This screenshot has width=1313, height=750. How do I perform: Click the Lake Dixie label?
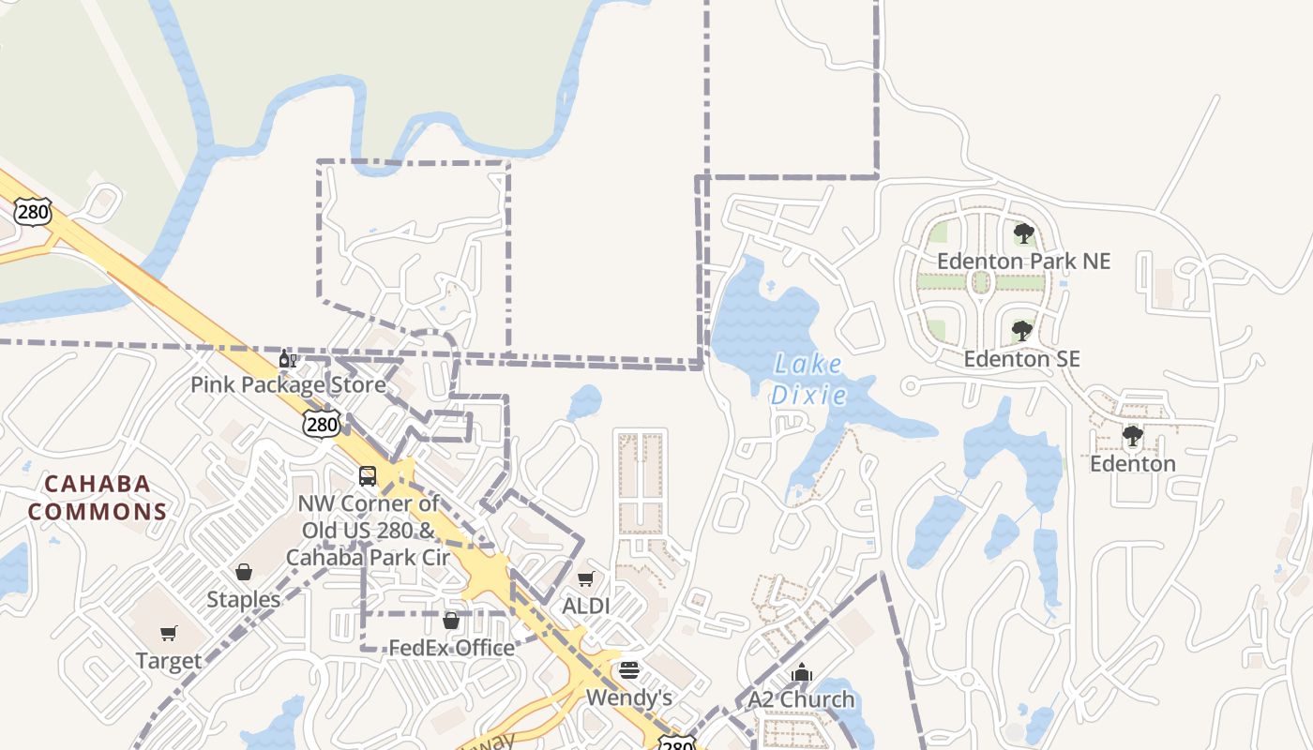point(808,380)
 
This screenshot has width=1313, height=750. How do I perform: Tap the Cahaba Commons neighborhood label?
point(98,498)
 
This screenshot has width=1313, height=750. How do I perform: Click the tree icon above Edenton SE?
point(1022,331)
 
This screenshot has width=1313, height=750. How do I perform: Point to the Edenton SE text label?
point(1022,359)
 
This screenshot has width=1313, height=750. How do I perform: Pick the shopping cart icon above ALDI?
point(586,579)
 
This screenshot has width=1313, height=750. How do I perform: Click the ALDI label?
point(585,607)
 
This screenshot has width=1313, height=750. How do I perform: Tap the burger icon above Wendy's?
point(629,670)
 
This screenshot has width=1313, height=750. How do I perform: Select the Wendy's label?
point(629,698)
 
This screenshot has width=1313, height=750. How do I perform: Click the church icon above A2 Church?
point(801,672)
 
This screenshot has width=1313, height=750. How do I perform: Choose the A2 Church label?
point(801,699)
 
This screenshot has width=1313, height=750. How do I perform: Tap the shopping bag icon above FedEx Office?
point(451,621)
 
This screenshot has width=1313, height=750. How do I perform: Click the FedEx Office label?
point(451,648)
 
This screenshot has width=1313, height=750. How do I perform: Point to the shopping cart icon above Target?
point(169,634)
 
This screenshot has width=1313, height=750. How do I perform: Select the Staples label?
point(244,600)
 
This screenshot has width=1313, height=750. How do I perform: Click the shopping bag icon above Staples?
point(244,572)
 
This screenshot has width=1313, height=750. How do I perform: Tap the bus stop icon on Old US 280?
point(368,476)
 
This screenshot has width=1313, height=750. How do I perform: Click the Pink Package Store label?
point(288,385)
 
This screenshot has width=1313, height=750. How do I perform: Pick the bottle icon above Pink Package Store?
point(288,359)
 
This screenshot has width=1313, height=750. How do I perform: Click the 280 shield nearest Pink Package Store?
point(322,425)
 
